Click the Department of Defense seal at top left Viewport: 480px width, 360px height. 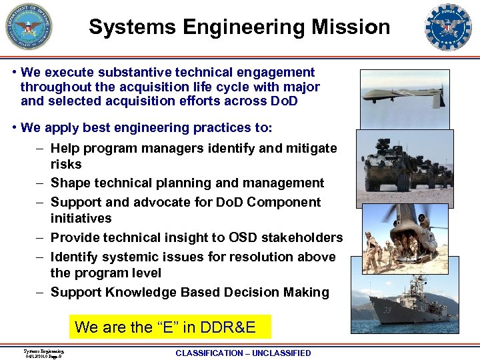28,27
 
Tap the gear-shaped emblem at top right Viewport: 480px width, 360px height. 447,27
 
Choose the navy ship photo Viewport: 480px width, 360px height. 405,304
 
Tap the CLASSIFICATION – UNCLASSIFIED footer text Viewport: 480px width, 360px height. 243,353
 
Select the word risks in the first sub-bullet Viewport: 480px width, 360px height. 66,164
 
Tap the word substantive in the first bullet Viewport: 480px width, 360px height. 125,72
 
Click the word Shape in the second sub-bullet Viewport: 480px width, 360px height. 69,183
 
